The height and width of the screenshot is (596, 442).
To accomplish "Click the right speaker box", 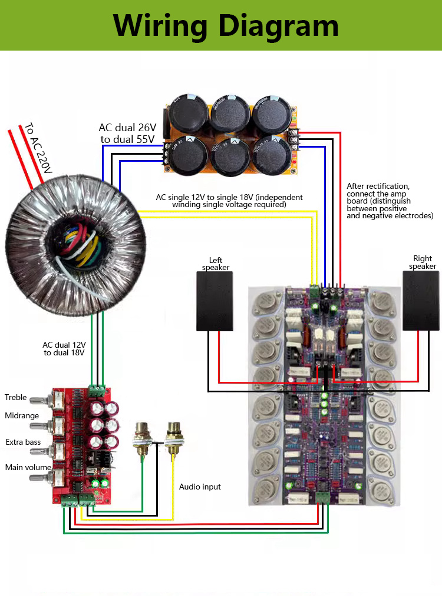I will coord(421,300).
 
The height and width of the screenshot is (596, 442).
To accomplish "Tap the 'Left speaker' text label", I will coord(216,264).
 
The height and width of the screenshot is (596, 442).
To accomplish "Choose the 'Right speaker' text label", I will coord(423,262).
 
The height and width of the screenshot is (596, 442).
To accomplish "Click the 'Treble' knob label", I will coord(16,398).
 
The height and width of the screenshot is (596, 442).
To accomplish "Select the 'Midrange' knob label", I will coord(22,416).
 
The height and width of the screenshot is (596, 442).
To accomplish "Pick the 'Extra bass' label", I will coord(23,442).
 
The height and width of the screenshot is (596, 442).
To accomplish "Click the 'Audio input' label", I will coord(200,487).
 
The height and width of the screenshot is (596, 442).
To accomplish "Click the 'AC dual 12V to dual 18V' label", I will coord(64,349).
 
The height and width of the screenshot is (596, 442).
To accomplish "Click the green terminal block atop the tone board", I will coord(97,389).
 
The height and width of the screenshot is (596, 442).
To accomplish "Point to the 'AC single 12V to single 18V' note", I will coord(229,201).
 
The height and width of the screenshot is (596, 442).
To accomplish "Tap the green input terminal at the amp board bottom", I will coord(322,498).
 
